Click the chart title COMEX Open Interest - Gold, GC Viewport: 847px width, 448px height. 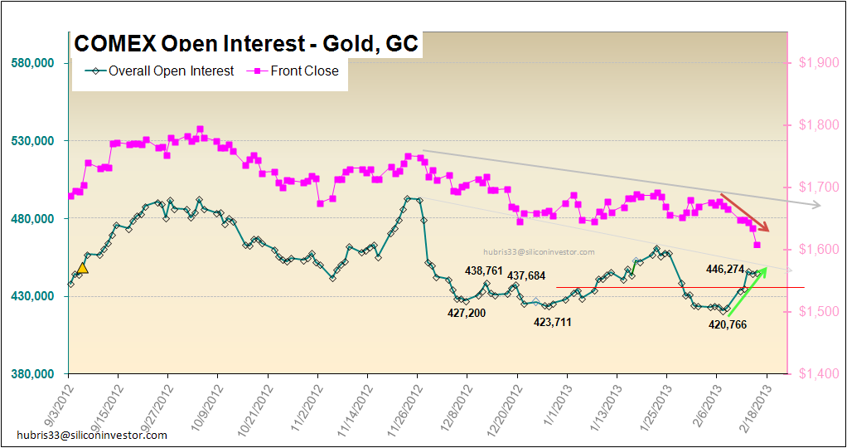[x=246, y=44]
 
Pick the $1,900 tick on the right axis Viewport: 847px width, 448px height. [x=813, y=63]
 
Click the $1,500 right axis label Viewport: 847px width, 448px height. [x=813, y=312]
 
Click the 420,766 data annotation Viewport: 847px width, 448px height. [x=727, y=324]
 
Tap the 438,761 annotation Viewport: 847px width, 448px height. [x=484, y=270]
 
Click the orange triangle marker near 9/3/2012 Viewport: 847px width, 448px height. [x=82, y=267]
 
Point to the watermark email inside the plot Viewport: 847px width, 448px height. [x=540, y=251]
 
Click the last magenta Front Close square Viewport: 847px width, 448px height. [x=757, y=245]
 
